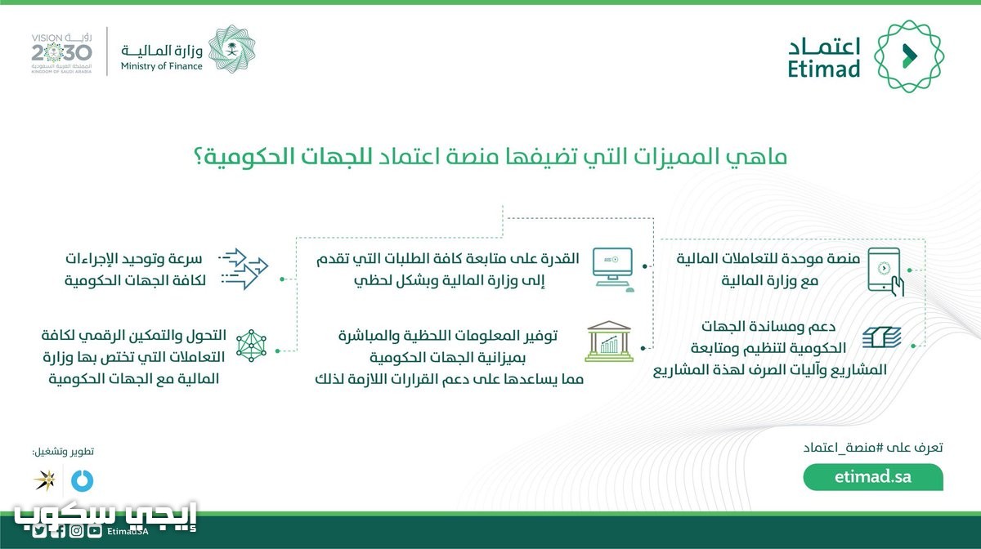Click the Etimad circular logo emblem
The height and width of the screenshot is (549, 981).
pyautogui.click(x=909, y=56)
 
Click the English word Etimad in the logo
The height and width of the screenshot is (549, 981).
pyautogui.click(x=824, y=69)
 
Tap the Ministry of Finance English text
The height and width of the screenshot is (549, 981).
pyautogui.click(x=161, y=66)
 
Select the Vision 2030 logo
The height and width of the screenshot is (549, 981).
pyautogui.click(x=61, y=53)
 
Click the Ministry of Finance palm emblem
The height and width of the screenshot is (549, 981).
pyautogui.click(x=231, y=48)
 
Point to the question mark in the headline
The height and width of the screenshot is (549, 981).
pyautogui.click(x=199, y=157)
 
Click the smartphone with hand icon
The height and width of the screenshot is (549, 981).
pyautogui.click(x=885, y=271)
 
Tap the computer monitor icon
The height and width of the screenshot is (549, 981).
pyautogui.click(x=613, y=269)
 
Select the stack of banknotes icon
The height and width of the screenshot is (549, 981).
pyautogui.click(x=881, y=337)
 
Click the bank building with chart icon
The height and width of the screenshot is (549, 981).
pyautogui.click(x=609, y=341)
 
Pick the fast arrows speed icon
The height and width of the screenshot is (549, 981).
pyautogui.click(x=244, y=269)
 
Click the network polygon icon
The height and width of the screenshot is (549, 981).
pyautogui.click(x=252, y=346)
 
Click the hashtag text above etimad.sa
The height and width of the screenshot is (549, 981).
pyautogui.click(x=873, y=448)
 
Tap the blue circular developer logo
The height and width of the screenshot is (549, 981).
pyautogui.click(x=83, y=480)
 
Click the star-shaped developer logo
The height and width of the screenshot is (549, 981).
pyautogui.click(x=45, y=480)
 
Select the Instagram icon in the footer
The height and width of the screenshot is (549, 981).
pyautogui.click(x=77, y=531)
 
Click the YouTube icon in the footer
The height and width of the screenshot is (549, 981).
pyautogui.click(x=95, y=531)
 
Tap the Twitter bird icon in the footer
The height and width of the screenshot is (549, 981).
pyautogui.click(x=38, y=531)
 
